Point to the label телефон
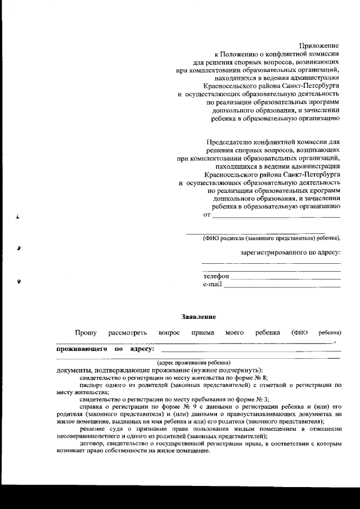(216, 277)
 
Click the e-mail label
(212, 285)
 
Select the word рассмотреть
(128, 333)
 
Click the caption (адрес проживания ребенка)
(193, 362)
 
